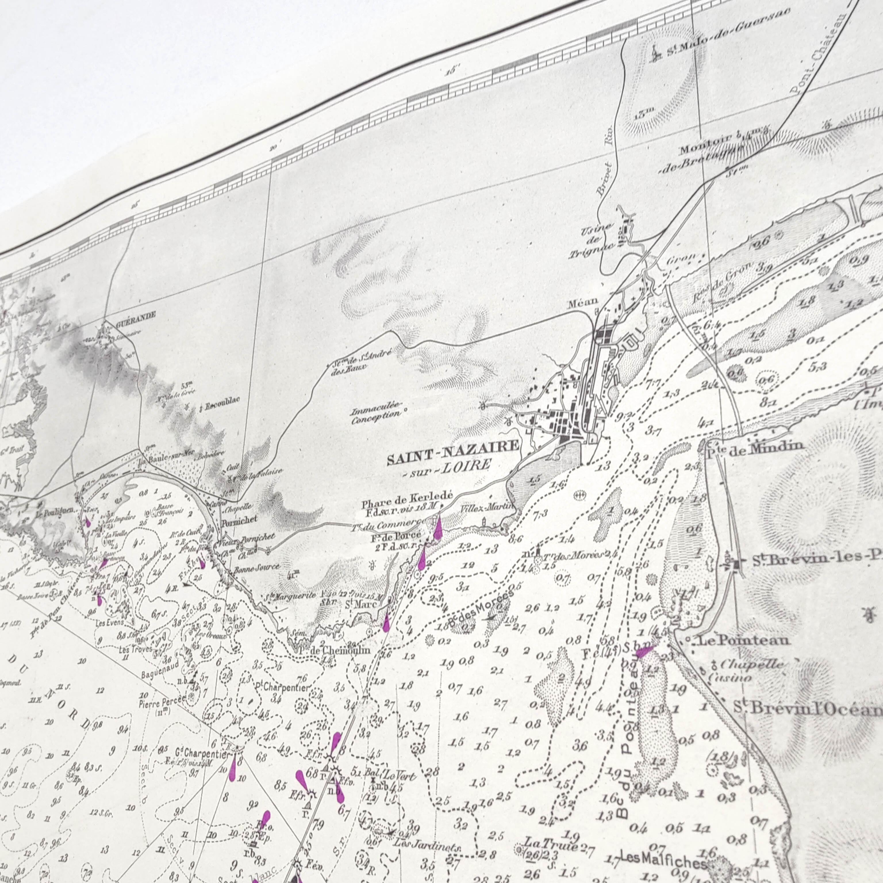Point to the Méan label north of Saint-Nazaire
click(582, 302)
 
